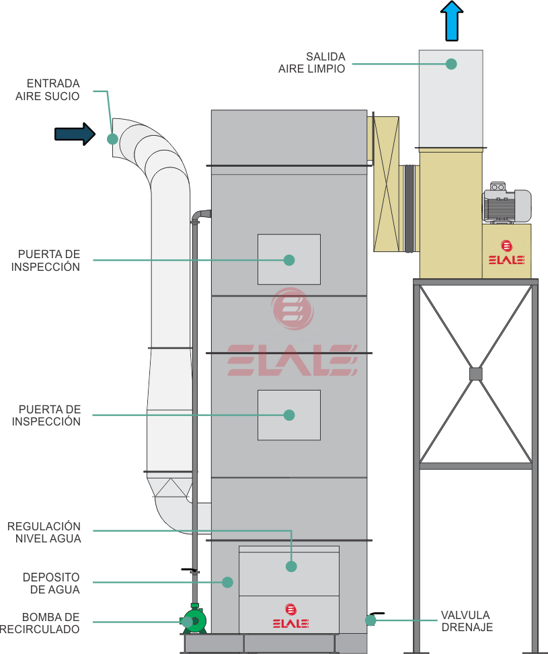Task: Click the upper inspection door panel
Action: [289, 259]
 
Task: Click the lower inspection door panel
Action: [289, 415]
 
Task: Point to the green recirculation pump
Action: [194, 620]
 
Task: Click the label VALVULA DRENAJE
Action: [465, 620]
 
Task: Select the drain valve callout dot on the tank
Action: [370, 620]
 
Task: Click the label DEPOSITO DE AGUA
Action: [50, 583]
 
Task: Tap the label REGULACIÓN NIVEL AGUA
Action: [44, 531]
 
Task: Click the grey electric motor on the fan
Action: [506, 202]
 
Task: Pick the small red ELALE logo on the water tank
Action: [290, 615]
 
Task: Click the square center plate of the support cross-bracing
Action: [475, 373]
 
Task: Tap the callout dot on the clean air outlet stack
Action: [451, 64]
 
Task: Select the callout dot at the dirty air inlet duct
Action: [112, 139]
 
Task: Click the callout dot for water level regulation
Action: [291, 567]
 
